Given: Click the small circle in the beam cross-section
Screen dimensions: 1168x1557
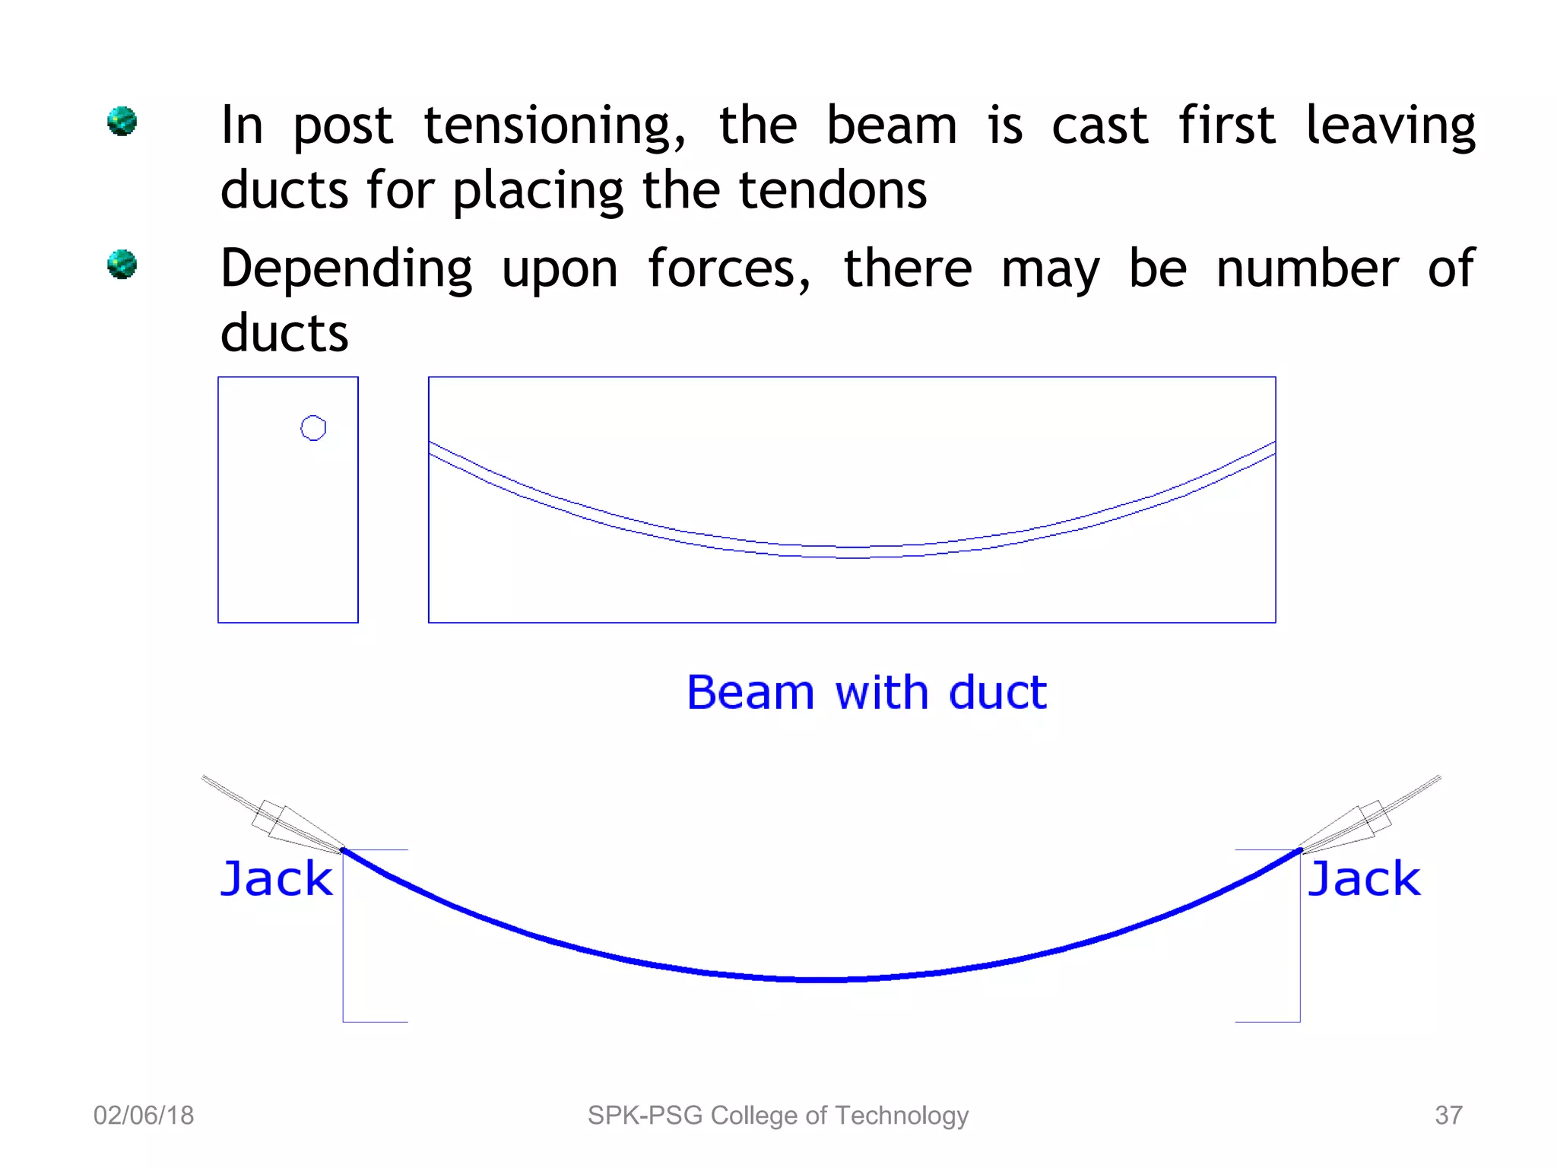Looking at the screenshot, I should pos(313,428).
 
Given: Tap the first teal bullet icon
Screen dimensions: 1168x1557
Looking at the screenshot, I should pos(122,121).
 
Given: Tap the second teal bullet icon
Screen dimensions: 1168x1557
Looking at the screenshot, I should pos(122,264).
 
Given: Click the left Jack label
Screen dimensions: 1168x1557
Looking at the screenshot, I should pos(277,879).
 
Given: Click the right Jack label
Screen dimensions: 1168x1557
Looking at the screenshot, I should pos(1364,879).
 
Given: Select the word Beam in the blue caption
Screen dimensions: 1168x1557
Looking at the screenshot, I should pos(750,693).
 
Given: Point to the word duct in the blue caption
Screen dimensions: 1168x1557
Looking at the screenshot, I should pos(997,693).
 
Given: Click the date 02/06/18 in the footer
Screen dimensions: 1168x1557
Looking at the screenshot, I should pos(144,1116).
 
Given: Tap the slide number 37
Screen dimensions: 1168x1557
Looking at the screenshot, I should pos(1448,1116).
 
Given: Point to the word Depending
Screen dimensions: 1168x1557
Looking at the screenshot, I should pos(347,271).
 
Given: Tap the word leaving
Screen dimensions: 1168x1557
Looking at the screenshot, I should pos(1390,126).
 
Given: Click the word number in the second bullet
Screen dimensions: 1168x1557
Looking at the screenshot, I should pos(1307,269).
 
